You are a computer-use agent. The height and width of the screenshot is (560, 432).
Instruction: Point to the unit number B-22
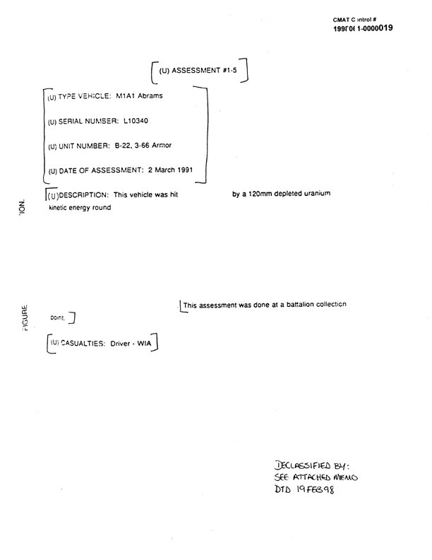point(122,146)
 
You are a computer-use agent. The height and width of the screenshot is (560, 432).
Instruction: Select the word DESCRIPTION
point(83,195)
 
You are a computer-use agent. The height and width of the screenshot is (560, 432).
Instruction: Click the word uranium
point(313,194)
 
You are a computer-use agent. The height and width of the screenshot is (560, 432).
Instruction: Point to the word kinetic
point(61,209)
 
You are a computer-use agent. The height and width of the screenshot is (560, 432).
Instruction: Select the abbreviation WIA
point(145,344)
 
